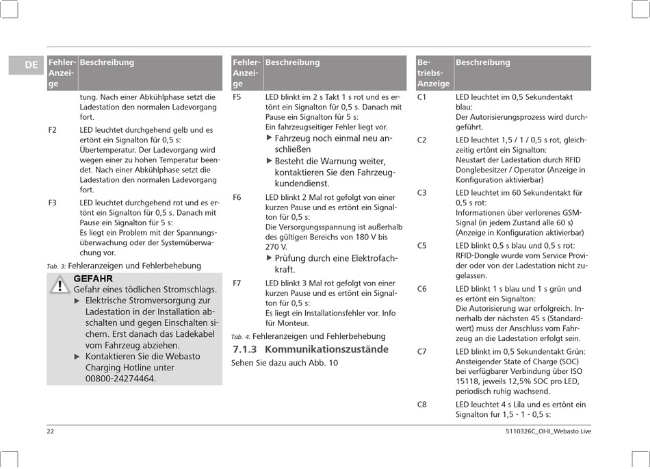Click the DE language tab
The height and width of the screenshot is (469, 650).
(31, 65)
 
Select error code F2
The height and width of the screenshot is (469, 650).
(53, 129)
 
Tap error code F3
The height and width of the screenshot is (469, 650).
(53, 203)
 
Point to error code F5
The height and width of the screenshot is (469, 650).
(237, 97)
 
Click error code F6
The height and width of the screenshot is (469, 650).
(237, 197)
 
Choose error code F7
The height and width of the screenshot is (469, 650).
(237, 283)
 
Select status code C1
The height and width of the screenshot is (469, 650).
(421, 97)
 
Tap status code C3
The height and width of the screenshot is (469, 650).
(421, 193)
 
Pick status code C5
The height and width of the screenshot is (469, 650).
(421, 245)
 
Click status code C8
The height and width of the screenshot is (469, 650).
(421, 405)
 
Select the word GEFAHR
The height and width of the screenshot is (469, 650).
(93, 279)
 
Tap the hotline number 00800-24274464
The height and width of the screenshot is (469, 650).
(120, 378)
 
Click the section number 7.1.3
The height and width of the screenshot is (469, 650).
(244, 349)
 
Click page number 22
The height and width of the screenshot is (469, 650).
(51, 431)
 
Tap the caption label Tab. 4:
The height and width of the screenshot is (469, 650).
(241, 337)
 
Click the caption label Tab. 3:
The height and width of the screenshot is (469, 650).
(56, 266)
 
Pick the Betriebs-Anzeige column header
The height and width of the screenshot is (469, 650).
(433, 73)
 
